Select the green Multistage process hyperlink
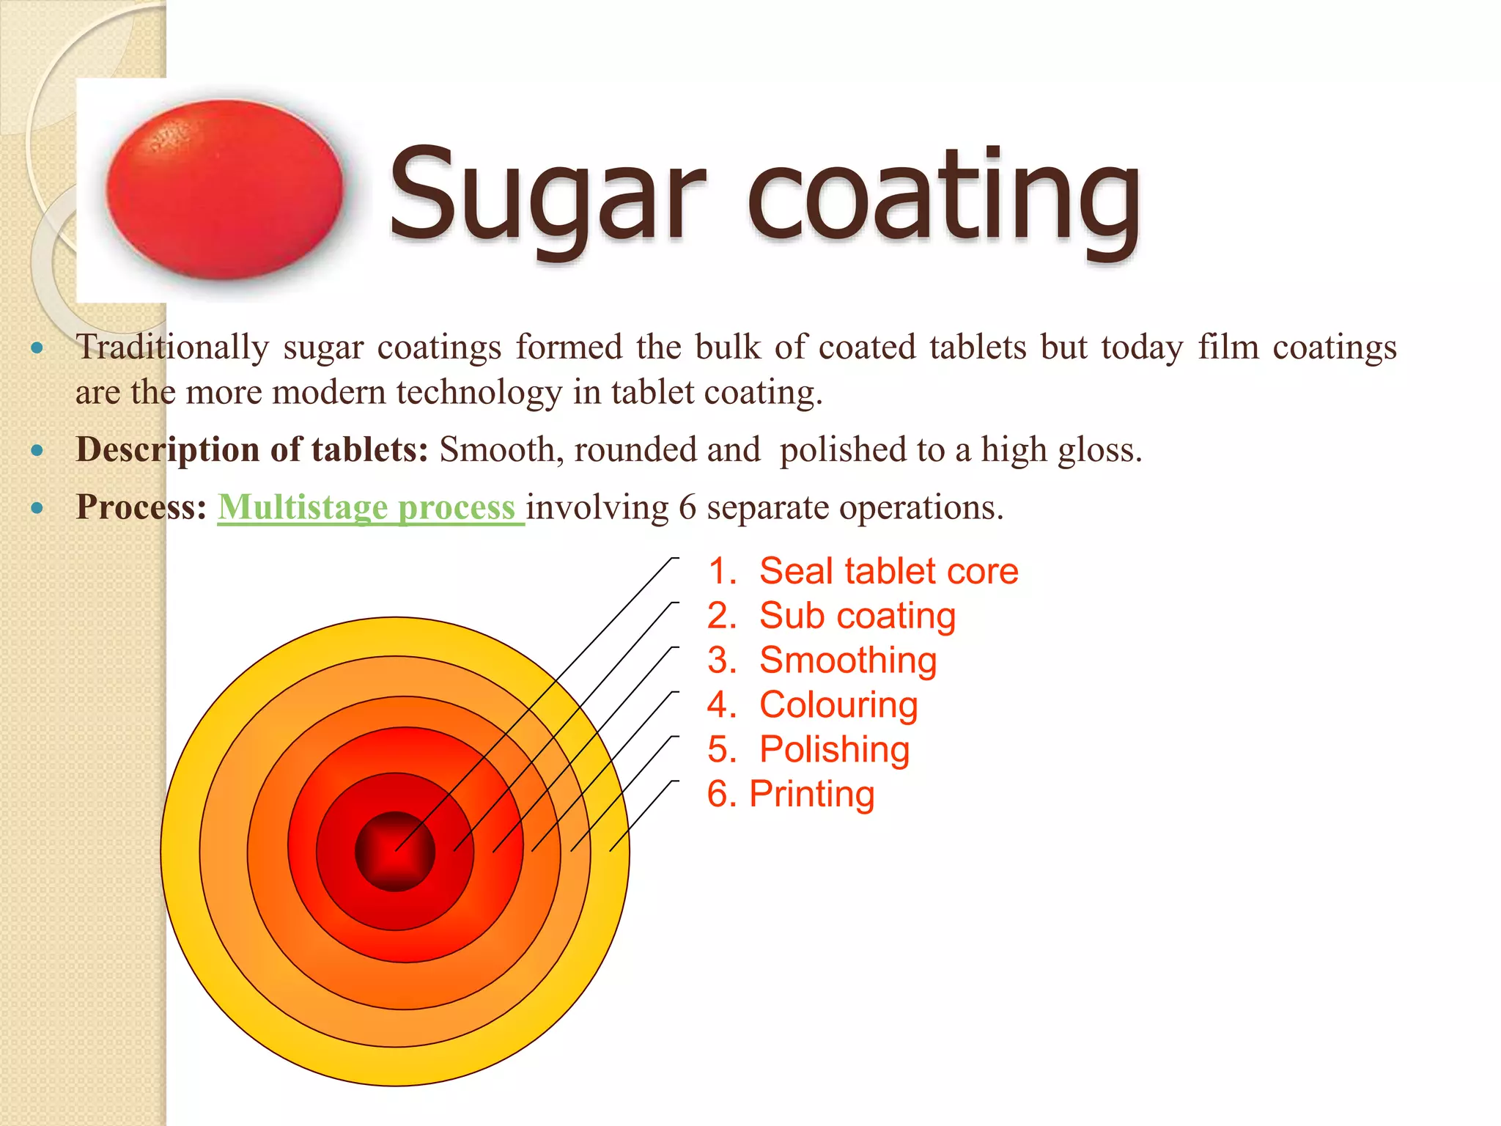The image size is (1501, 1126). point(369,507)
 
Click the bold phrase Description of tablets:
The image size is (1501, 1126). point(252,449)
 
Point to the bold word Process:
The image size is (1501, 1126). point(141,507)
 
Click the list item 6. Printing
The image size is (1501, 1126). point(791,795)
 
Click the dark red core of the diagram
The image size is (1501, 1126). point(395,852)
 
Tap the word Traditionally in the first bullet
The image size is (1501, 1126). point(172,347)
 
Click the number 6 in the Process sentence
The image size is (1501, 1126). point(687,508)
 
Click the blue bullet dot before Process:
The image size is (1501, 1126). point(37,507)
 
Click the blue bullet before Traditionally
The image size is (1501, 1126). point(37,347)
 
